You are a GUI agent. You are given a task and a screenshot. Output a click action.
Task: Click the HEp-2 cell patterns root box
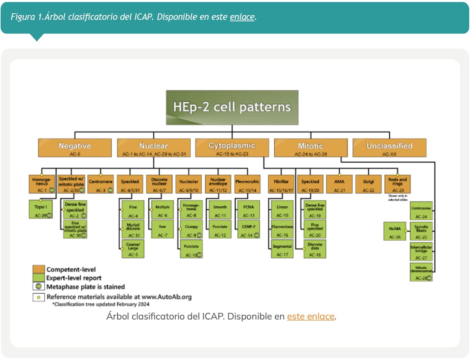[232, 107]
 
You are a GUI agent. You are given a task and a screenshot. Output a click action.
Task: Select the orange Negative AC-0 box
[75, 148]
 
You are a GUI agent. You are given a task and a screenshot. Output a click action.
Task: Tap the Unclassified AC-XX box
[389, 148]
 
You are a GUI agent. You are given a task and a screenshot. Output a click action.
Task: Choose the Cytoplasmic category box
[232, 148]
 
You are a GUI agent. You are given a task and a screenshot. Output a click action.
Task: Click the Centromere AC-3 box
[101, 184]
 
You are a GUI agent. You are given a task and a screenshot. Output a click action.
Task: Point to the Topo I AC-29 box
[41, 209]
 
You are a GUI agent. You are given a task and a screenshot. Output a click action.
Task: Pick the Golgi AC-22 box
[368, 184]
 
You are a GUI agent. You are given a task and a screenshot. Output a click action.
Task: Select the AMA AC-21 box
[339, 184]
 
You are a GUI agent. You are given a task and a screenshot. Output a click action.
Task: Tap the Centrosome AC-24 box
[421, 211]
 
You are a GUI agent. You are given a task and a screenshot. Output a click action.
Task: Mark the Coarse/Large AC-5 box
[133, 249]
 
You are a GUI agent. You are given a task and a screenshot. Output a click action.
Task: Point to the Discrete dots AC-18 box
[315, 249]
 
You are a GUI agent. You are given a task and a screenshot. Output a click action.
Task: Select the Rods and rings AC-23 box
[397, 184]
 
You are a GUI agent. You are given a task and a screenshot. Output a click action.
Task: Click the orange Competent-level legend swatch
[39, 269]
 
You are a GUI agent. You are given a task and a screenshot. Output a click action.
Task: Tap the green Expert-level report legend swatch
[39, 278]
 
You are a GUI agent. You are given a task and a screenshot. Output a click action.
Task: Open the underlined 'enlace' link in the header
[242, 17]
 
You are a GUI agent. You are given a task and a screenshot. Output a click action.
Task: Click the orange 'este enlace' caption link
[311, 316]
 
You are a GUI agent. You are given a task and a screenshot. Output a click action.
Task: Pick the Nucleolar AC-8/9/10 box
[188, 184]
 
